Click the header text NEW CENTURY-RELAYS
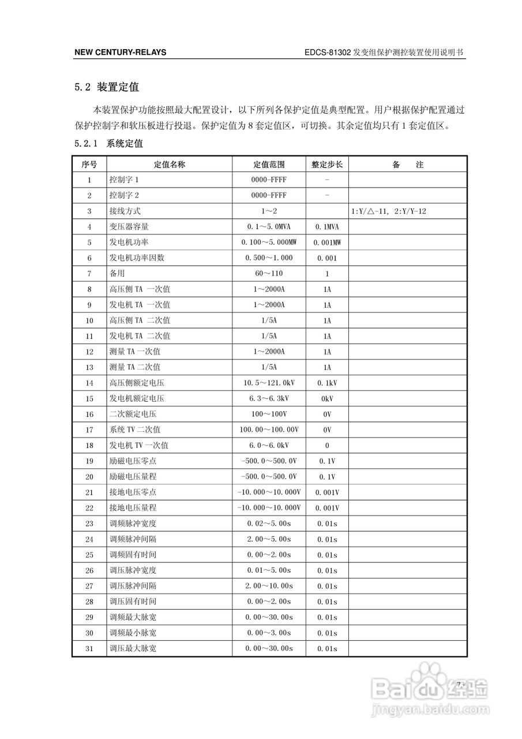click(x=120, y=53)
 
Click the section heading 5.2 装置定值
click(x=107, y=88)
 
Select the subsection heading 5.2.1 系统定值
click(x=108, y=143)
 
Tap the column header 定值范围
click(x=269, y=165)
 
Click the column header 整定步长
click(x=327, y=165)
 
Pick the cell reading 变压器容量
click(x=129, y=227)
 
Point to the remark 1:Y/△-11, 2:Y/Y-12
click(x=389, y=211)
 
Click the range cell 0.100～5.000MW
click(x=269, y=242)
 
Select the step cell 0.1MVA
click(x=327, y=227)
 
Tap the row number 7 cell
click(x=89, y=274)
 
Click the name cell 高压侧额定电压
click(x=137, y=383)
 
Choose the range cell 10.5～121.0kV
click(x=269, y=383)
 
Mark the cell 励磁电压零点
click(x=133, y=461)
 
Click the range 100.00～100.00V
click(x=269, y=430)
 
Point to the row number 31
click(x=89, y=648)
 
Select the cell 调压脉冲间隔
click(x=133, y=586)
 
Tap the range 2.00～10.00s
click(x=269, y=586)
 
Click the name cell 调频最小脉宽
click(x=133, y=633)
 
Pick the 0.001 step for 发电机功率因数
click(x=327, y=258)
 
